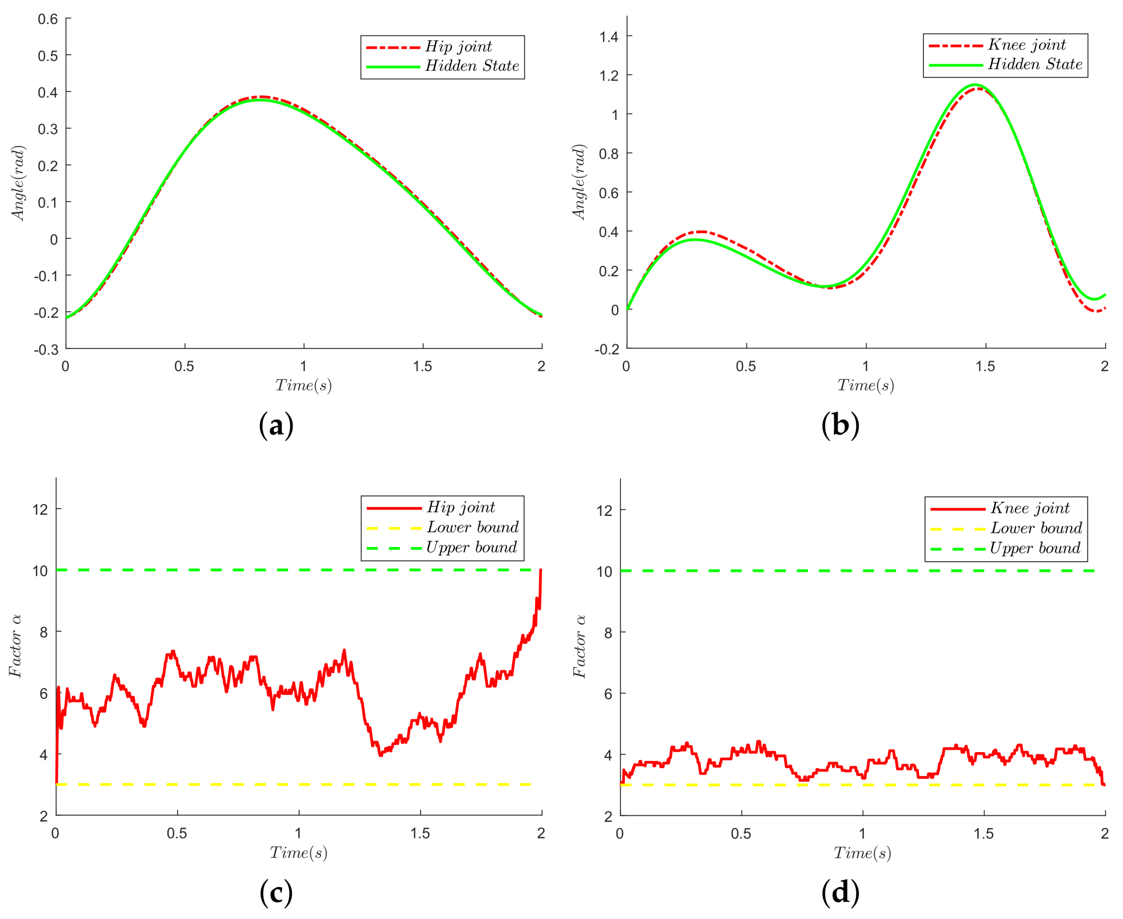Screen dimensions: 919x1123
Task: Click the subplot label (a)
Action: point(276,426)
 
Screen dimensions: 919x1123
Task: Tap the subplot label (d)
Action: point(840,893)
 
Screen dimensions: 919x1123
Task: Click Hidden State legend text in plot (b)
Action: point(1035,64)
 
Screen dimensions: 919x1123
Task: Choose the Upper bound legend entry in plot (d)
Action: point(1035,548)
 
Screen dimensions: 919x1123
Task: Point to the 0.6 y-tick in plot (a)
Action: point(48,19)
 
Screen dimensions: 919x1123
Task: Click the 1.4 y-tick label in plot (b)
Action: point(609,37)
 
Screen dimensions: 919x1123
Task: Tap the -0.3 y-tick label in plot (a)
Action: point(46,349)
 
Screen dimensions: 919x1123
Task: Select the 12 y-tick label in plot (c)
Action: point(40,509)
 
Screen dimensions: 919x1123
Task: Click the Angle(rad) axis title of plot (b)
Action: point(579,182)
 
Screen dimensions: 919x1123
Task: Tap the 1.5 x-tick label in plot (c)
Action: point(420,833)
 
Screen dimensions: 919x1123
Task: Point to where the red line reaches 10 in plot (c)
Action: point(540,570)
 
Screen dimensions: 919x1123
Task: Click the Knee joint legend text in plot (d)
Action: point(1030,508)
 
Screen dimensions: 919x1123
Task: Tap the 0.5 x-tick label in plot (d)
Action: point(740,834)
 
